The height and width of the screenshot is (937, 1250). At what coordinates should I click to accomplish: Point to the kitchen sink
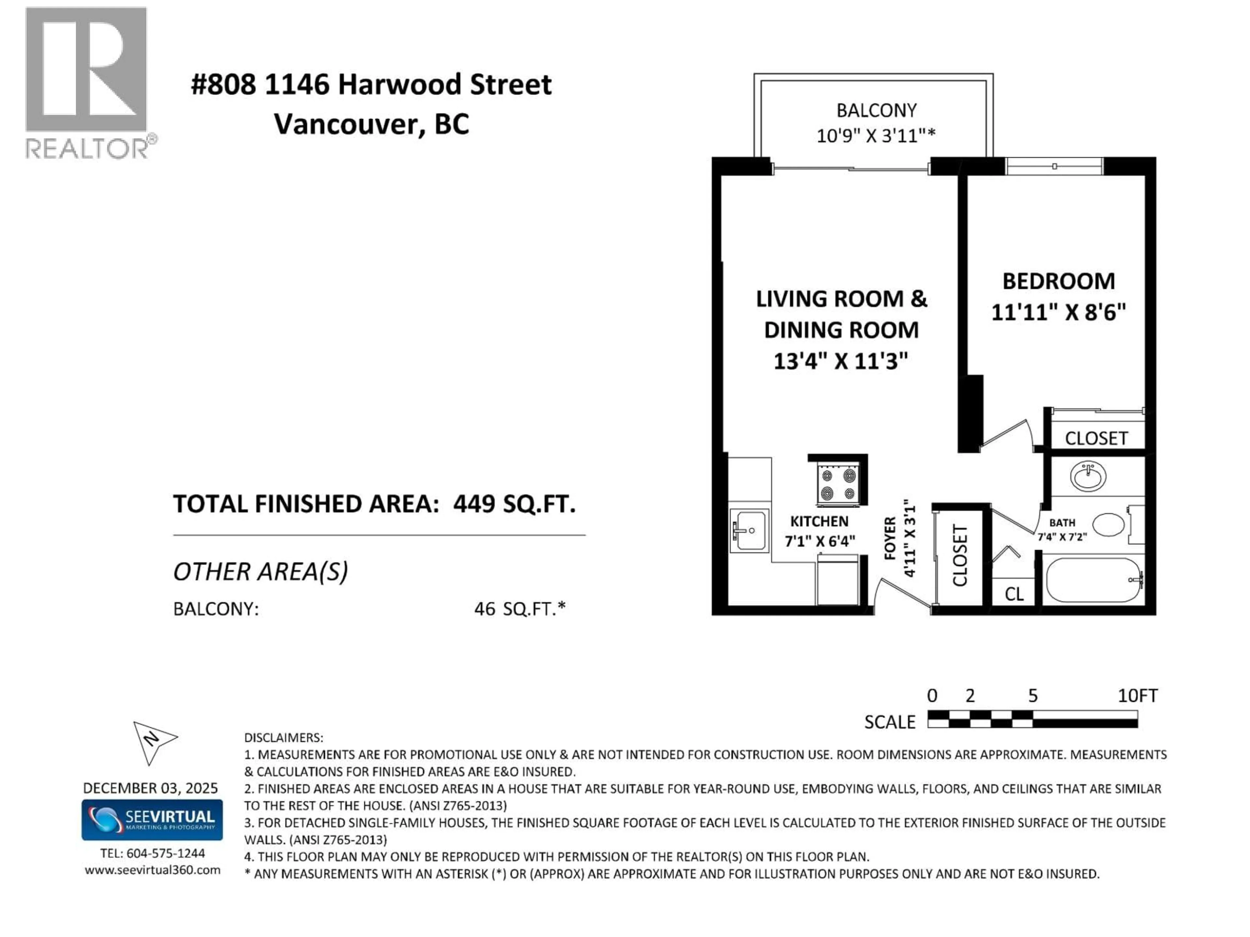click(749, 530)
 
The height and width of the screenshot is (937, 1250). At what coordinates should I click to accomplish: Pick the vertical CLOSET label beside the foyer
click(960, 555)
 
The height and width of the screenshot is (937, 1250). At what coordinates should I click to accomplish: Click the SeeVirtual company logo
click(152, 820)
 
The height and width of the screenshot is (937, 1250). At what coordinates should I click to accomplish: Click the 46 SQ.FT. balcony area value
click(519, 609)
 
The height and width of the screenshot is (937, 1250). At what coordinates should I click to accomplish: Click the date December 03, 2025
click(150, 788)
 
